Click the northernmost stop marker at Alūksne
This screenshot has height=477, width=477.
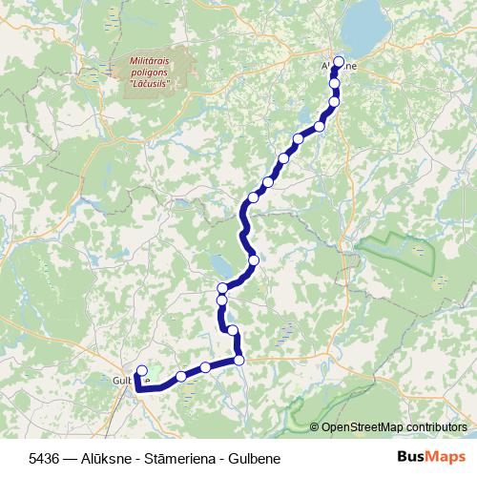(339, 62)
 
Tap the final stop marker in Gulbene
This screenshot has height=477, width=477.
(142, 371)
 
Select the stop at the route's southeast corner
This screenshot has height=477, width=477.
(238, 360)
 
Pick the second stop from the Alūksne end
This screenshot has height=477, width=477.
(335, 83)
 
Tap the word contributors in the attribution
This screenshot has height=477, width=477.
(438, 426)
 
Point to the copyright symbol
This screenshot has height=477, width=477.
(316, 426)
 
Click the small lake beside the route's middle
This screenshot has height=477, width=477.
(221, 263)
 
